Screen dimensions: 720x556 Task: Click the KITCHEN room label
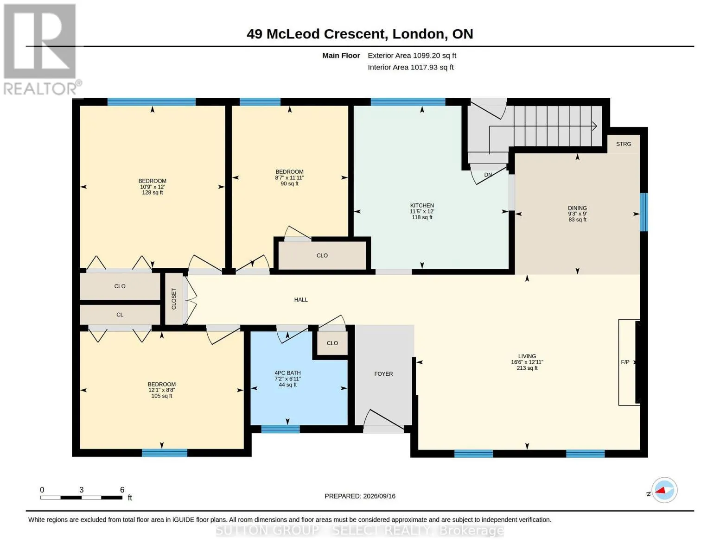pos(422,205)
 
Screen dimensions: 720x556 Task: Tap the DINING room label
pos(577,208)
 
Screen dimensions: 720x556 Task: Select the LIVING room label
pos(527,356)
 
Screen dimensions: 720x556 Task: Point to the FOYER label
pos(383,373)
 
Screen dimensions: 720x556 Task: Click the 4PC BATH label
pos(287,373)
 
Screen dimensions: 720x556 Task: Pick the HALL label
pos(301,299)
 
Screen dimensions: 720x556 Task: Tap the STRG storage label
pos(623,144)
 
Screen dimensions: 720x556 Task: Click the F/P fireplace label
pos(625,362)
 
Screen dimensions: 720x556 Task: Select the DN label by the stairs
pos(488,175)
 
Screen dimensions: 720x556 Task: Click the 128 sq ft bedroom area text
pos(153,192)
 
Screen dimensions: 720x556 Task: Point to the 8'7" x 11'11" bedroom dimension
pos(289,177)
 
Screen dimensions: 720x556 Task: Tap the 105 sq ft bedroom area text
pos(162,396)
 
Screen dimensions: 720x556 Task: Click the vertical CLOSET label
pos(173,299)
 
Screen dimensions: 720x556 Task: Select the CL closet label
pos(120,315)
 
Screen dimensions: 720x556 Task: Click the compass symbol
pos(664,490)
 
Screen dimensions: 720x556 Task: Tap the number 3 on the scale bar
pos(81,490)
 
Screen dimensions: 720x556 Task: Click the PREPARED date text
pos(360,496)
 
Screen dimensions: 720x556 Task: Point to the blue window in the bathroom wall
pos(280,429)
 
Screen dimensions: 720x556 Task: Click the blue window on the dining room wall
pos(644,212)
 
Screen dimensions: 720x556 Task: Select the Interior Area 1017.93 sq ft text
pos(410,67)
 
